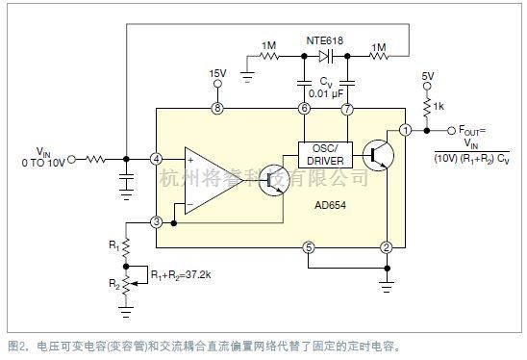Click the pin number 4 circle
156,159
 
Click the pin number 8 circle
217,109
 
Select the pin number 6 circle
304,109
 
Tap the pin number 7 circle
348,109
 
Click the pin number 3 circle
156,222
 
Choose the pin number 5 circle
307,248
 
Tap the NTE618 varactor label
325,40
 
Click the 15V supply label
217,72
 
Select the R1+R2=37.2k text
184,275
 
